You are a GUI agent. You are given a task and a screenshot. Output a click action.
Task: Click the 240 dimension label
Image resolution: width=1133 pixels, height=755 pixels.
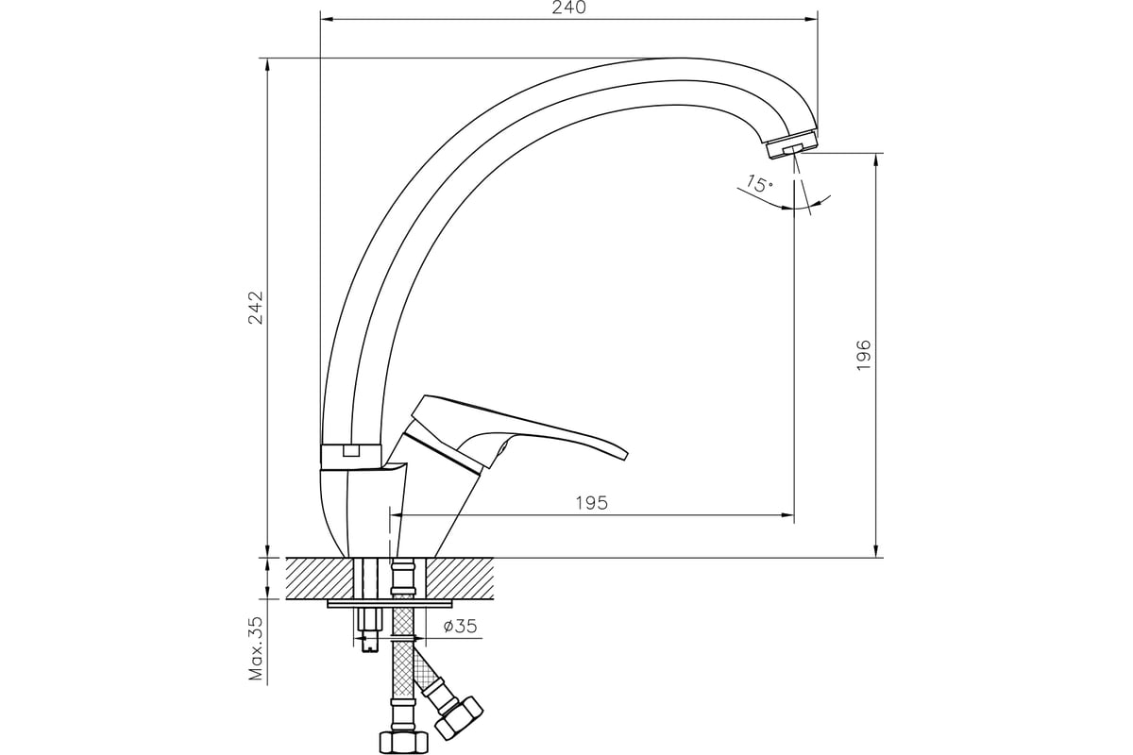tap(568, 8)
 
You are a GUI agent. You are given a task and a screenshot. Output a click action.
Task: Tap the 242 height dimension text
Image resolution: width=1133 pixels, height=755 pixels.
tap(256, 307)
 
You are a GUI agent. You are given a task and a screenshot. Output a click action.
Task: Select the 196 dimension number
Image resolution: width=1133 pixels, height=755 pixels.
tap(863, 355)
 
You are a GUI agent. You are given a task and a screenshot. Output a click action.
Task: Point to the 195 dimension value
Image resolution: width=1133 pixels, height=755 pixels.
tap(591, 503)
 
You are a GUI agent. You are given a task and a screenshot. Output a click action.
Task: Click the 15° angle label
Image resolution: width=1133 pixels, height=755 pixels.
tap(759, 184)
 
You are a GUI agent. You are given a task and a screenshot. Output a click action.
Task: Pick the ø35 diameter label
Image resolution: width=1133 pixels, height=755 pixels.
tap(461, 626)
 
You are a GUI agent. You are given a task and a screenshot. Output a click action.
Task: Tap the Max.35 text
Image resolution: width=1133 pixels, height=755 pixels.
tap(257, 648)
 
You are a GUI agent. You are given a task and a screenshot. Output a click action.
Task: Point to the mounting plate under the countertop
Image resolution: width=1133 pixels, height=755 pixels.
tap(390, 604)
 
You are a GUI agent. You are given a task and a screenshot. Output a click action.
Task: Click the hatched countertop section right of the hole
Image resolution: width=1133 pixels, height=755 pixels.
tap(460, 579)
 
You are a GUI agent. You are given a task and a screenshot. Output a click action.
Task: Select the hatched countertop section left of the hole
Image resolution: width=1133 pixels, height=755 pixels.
tap(320, 579)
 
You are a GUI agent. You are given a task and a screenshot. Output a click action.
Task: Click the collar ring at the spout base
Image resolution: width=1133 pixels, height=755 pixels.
tap(351, 457)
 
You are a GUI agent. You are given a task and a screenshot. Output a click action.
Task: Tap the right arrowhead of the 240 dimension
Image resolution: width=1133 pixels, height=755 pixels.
tap(811, 20)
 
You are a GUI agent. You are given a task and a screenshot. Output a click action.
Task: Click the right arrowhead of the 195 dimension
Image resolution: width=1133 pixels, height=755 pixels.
tap(787, 515)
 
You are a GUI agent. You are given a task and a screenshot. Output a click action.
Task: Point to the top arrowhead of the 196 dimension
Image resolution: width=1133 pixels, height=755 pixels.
tap(876, 159)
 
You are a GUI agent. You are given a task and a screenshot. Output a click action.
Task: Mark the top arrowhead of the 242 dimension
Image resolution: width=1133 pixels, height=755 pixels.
tap(267, 65)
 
